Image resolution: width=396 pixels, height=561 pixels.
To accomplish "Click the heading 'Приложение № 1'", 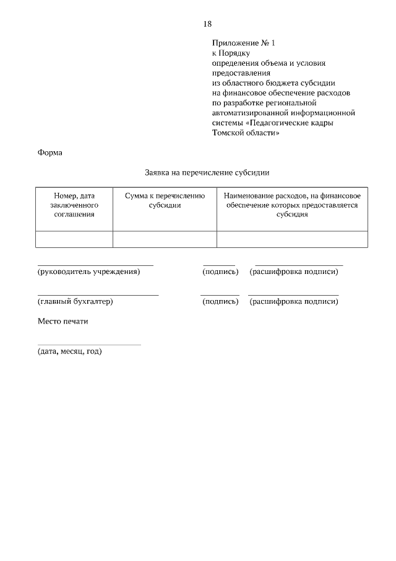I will (243, 43).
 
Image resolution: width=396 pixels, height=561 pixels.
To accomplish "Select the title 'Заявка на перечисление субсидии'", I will (207, 173).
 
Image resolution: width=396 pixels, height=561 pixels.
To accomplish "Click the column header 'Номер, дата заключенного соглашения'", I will (74, 205).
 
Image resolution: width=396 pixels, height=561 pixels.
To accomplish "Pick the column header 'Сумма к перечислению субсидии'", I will (165, 200).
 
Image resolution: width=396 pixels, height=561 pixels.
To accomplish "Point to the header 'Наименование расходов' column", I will (292, 205).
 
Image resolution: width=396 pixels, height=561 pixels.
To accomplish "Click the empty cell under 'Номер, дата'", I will (74, 239).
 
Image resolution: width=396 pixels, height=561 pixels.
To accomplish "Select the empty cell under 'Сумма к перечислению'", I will (165, 239).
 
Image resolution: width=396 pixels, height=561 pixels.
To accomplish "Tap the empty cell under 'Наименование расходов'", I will (292, 239).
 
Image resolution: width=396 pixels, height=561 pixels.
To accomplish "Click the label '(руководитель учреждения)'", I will (88, 272).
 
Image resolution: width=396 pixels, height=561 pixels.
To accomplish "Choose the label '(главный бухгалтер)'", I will (75, 302).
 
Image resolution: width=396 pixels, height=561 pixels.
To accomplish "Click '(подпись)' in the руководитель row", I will (220, 272).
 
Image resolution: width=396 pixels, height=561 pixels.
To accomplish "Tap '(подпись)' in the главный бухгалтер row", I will (220, 302).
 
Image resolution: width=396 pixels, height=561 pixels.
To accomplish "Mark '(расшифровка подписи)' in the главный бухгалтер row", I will (294, 302).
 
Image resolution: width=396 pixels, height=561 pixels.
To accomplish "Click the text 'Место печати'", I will (62, 321).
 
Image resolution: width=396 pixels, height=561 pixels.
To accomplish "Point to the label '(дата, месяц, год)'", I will (69, 351).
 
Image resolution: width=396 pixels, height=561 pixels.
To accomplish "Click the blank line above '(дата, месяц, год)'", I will (89, 344).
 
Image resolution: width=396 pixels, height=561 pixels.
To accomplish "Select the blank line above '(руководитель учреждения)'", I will (95, 265).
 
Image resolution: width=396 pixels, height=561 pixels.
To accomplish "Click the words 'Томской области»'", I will (242, 133).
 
